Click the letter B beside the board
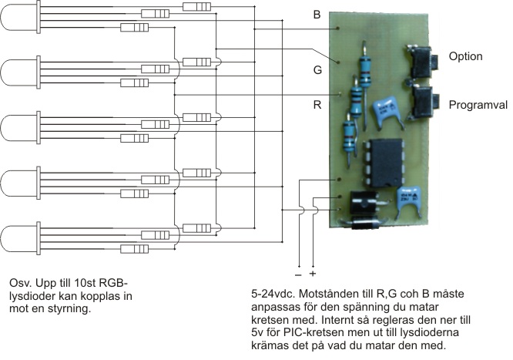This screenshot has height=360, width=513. [x=317, y=15]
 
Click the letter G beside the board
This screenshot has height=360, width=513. [x=317, y=70]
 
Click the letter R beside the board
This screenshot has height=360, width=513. [x=317, y=105]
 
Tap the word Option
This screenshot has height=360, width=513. [x=465, y=56]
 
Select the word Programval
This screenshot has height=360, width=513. [x=478, y=105]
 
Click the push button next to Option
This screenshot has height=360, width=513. [x=421, y=62]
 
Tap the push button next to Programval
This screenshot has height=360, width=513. [x=424, y=102]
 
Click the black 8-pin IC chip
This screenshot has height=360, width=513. [x=383, y=163]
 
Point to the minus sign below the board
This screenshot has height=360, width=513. [x=298, y=275]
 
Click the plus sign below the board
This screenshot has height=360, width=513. [x=313, y=273]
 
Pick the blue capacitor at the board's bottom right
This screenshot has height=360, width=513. [x=409, y=200]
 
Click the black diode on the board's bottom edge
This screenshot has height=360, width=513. [x=360, y=224]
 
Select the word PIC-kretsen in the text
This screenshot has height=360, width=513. [x=310, y=332]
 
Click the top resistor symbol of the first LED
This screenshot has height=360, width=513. [x=196, y=6]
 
